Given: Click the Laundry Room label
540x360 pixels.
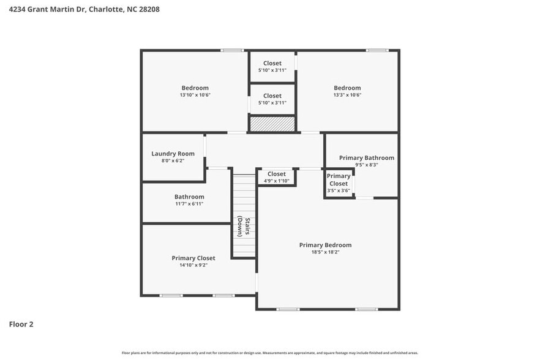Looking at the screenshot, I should (x=173, y=154).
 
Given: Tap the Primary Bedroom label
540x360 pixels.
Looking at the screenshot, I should (x=325, y=245).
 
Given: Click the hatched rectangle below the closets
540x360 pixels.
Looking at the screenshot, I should (x=272, y=124).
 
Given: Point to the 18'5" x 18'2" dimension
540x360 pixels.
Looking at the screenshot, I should (x=325, y=252).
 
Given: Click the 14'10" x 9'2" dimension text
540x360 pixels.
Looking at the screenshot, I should (x=193, y=265).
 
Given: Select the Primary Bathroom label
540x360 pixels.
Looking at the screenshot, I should (x=366, y=158).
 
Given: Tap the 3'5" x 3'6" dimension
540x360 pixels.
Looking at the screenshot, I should (x=338, y=190).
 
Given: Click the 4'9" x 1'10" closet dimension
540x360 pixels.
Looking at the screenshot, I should (x=276, y=181).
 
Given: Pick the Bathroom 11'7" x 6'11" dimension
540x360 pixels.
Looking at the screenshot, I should (x=189, y=203).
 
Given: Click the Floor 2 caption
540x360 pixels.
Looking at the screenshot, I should (x=21, y=324).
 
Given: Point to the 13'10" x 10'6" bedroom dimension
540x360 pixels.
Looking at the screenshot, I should (x=195, y=95).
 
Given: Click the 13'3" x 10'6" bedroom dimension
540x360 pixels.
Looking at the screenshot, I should (x=347, y=95).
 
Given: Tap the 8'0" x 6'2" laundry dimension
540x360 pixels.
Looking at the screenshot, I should (x=173, y=160).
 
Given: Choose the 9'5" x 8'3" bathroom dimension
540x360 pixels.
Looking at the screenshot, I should (x=366, y=165).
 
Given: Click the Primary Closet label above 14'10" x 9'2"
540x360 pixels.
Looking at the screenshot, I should (x=193, y=258).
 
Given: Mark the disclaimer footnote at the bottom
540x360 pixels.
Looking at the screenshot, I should (x=270, y=353).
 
